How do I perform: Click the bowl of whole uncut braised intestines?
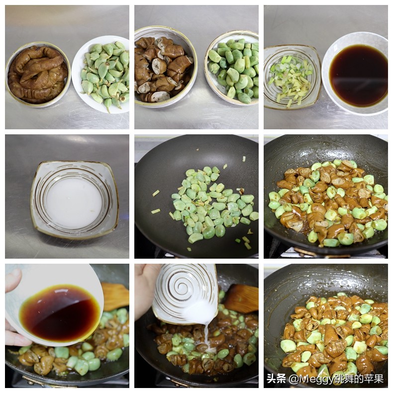38,74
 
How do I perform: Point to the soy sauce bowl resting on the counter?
356,75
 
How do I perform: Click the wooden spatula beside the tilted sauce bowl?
115,296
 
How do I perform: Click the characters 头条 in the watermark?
276,379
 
